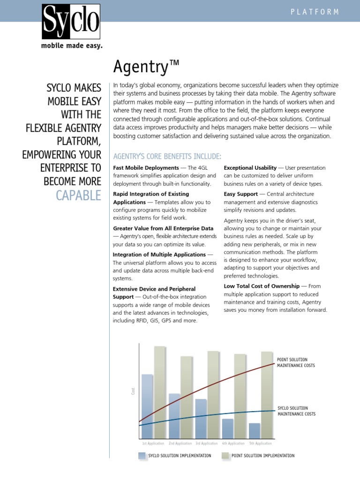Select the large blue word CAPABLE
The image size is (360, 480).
click(x=78, y=195)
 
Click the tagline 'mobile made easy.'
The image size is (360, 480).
click(x=72, y=46)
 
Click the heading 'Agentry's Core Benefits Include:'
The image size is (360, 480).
click(x=167, y=156)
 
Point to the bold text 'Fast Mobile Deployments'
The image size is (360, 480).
click(x=146, y=168)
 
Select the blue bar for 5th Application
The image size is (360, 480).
click(x=254, y=430)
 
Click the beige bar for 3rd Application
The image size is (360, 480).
click(x=213, y=394)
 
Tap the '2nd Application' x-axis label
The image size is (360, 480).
click(x=180, y=443)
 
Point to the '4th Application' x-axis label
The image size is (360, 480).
click(x=233, y=443)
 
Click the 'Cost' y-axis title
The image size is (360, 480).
click(x=133, y=390)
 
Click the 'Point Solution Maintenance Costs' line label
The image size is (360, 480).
click(x=296, y=362)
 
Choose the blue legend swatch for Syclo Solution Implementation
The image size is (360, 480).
click(x=142, y=456)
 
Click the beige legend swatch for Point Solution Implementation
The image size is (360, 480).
click(x=225, y=456)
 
